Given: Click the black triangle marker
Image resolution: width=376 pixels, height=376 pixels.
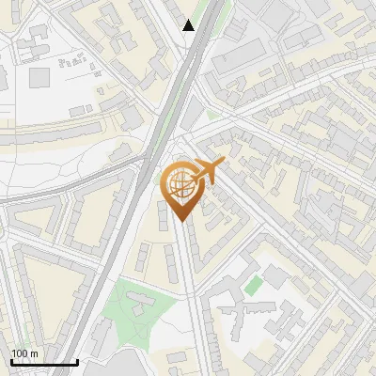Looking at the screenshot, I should click(189, 25).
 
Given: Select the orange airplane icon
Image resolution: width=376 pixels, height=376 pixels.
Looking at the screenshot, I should click(208, 170).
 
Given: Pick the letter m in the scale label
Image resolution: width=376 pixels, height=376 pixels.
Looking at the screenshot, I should click(35, 353).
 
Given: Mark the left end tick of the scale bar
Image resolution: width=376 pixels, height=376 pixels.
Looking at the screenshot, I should click(10, 362).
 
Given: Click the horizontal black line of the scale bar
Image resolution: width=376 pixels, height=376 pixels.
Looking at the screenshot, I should click(44, 363).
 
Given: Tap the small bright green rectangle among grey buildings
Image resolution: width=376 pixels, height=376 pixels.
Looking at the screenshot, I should click(253, 283).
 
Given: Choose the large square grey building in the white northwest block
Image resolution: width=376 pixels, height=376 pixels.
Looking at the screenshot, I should click(39, 77).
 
